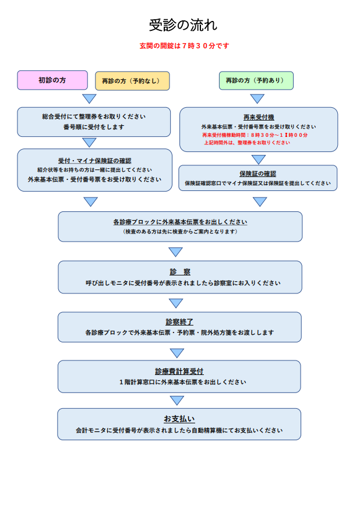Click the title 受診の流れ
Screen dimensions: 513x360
coord(183,25)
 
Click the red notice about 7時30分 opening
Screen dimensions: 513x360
coord(185,46)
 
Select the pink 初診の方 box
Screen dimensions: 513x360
coord(52,80)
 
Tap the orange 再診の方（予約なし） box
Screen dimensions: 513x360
coord(132,81)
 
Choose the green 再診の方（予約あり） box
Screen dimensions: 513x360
coord(256,80)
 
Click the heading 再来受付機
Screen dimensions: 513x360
coord(258,117)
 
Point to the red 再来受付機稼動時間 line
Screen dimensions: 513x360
coord(255,135)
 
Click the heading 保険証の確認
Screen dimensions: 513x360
coord(257,174)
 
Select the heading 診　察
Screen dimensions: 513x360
coord(180,272)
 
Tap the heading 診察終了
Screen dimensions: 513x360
coord(179,321)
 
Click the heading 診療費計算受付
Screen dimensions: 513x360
coord(179,371)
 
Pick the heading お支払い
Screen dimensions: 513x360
coord(179,419)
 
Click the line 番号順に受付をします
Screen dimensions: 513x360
coord(94,126)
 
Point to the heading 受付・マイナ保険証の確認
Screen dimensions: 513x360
coord(95,160)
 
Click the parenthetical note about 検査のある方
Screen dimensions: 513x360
coord(180,231)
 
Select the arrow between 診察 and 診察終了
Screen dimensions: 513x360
coord(176,303)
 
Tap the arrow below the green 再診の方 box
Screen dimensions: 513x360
coord(257,98)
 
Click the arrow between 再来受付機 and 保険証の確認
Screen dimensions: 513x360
coord(259,159)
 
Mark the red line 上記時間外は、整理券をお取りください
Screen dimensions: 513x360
coord(246,143)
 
